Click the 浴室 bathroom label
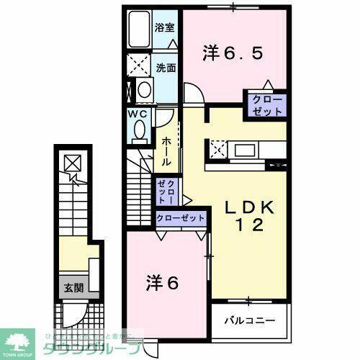point(165,28)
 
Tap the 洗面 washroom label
point(165,68)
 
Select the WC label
point(139,114)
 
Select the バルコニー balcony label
point(248,317)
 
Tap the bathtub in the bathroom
point(138,29)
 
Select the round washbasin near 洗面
point(143,90)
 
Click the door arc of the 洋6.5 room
point(192,94)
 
